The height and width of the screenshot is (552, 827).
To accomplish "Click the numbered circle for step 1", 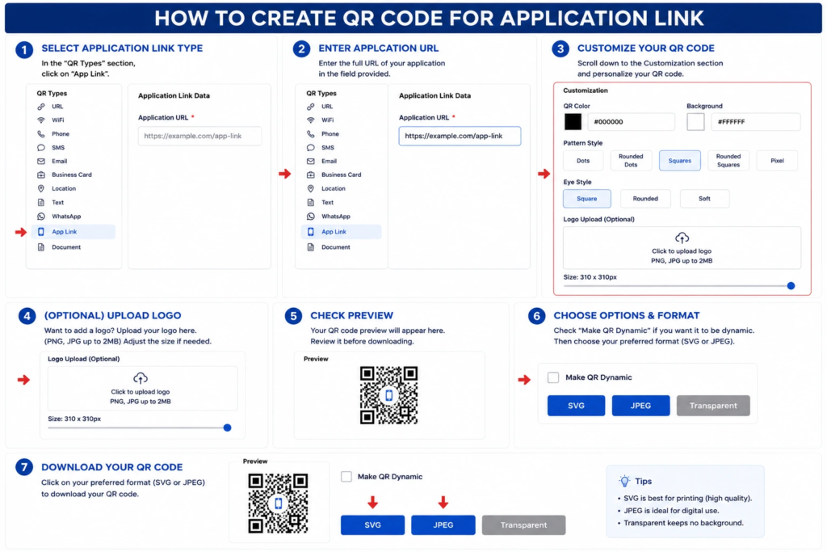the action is coord(24,49).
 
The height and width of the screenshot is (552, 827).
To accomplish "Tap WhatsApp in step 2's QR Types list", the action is coord(335,217).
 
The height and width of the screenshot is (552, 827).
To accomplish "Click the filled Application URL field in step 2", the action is coord(460,136).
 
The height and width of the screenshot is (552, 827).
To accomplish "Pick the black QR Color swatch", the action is coord(573,121).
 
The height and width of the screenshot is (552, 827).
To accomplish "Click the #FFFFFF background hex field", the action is coord(755,121).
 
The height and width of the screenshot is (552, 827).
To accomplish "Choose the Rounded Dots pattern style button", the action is coord(631,161).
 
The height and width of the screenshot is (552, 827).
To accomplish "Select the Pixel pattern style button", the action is coord(777,161).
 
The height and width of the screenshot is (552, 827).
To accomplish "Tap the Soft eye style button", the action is coord(704,199).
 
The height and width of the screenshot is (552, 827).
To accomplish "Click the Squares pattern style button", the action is coord(679,161).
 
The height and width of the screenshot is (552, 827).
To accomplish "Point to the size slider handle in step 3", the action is coord(791,285).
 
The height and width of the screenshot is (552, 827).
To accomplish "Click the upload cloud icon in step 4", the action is coord(141,378).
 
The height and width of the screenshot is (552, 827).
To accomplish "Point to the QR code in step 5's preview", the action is coord(388,395).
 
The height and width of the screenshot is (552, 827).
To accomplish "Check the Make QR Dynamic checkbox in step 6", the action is coord(552,377).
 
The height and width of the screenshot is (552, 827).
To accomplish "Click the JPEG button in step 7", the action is coord(443,525).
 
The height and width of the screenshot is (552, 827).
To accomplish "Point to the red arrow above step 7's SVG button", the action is coord(372,502).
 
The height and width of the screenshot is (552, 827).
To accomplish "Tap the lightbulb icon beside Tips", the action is coord(624,481).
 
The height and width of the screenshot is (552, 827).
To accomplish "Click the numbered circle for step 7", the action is coord(24,467).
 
